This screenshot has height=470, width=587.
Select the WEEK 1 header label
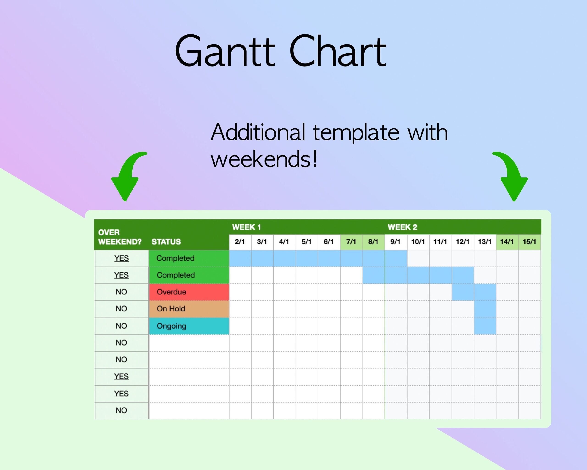246,227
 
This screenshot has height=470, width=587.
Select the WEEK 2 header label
402,227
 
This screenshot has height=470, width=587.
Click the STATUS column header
166,242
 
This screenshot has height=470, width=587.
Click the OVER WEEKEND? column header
119,237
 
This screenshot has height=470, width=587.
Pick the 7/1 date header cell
351,242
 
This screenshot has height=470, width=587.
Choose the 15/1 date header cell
529,242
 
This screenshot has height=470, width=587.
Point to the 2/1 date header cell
240,242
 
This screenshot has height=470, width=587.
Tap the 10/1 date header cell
418,242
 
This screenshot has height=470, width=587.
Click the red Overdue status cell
189,292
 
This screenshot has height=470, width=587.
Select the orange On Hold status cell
189,309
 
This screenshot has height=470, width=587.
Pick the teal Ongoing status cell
189,326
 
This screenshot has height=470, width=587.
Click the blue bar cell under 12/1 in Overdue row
462,292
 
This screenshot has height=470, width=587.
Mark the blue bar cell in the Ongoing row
485,326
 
